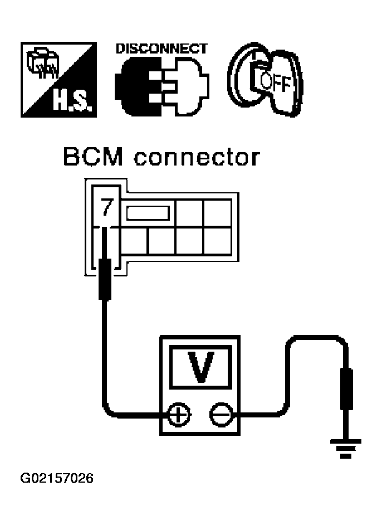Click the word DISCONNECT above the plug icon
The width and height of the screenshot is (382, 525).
tap(161, 49)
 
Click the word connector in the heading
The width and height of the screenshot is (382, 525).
tap(197, 158)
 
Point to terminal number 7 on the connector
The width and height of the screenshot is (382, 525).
tap(107, 207)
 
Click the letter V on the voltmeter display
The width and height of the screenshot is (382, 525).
tap(200, 367)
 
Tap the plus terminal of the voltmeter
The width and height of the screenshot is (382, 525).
tap(179, 415)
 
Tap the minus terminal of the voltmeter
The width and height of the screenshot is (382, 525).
tap(221, 415)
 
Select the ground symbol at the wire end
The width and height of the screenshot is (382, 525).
tap(346, 449)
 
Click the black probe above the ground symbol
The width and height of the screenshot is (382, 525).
tap(346, 388)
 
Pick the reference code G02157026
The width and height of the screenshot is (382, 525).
tap(57, 478)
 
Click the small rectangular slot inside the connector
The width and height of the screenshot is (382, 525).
tap(148, 213)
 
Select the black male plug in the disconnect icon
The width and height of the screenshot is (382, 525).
tap(138, 87)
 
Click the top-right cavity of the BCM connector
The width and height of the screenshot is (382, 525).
tap(217, 212)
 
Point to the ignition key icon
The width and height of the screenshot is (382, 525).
tap(267, 80)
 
